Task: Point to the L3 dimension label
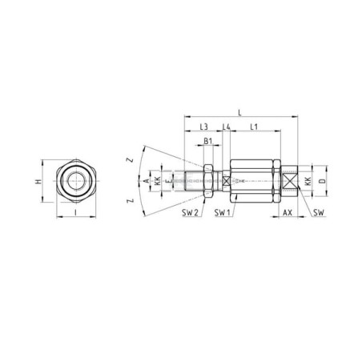(x=203, y=127)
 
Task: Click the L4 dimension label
(x=227, y=127)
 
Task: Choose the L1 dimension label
(x=253, y=127)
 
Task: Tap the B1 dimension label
(x=207, y=143)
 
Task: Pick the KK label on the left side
(x=158, y=182)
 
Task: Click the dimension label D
(x=324, y=182)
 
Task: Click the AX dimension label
(x=288, y=213)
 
